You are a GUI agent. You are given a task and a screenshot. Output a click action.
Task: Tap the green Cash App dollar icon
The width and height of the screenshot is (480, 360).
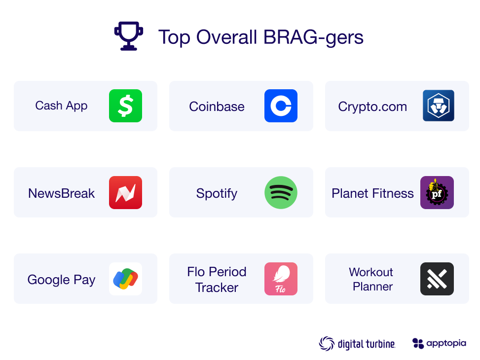point(125,106)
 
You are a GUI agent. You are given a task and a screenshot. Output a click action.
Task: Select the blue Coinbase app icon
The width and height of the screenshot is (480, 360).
point(281,106)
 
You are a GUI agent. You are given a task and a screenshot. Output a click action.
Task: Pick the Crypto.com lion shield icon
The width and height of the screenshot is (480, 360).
point(438,106)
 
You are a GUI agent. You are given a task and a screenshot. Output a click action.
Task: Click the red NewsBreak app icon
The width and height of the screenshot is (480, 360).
point(125,192)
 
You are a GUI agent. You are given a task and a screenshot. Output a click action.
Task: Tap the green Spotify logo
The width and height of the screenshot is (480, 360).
point(281,192)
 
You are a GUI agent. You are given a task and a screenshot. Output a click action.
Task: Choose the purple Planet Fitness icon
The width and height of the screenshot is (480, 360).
point(437,192)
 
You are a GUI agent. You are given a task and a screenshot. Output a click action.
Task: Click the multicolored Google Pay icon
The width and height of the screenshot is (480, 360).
point(125,279)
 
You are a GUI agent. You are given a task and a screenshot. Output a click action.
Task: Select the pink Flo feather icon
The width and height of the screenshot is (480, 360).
point(281,279)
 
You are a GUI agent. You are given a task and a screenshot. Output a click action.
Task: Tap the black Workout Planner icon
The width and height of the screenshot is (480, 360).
point(437,279)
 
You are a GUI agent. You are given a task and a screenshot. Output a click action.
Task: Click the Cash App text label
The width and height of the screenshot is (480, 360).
point(61,106)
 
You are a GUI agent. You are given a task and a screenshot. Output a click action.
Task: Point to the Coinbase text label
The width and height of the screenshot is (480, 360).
point(217,107)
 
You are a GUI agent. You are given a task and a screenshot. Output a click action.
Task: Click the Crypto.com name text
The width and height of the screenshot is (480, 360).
point(372,107)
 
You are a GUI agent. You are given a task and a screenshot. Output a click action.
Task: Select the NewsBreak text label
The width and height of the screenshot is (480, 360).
point(61,193)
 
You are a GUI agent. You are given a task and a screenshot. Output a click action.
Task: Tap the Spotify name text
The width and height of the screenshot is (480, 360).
point(217,193)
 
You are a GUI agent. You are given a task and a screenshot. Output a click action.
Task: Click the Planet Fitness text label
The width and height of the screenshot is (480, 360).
point(372,193)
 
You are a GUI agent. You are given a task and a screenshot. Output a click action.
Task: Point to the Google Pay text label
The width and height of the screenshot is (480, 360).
point(61,280)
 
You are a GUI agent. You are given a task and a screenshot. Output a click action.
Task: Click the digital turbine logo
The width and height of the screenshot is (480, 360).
point(357,344)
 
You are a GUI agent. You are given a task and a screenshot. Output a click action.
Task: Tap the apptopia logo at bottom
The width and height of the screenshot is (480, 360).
point(439,343)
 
